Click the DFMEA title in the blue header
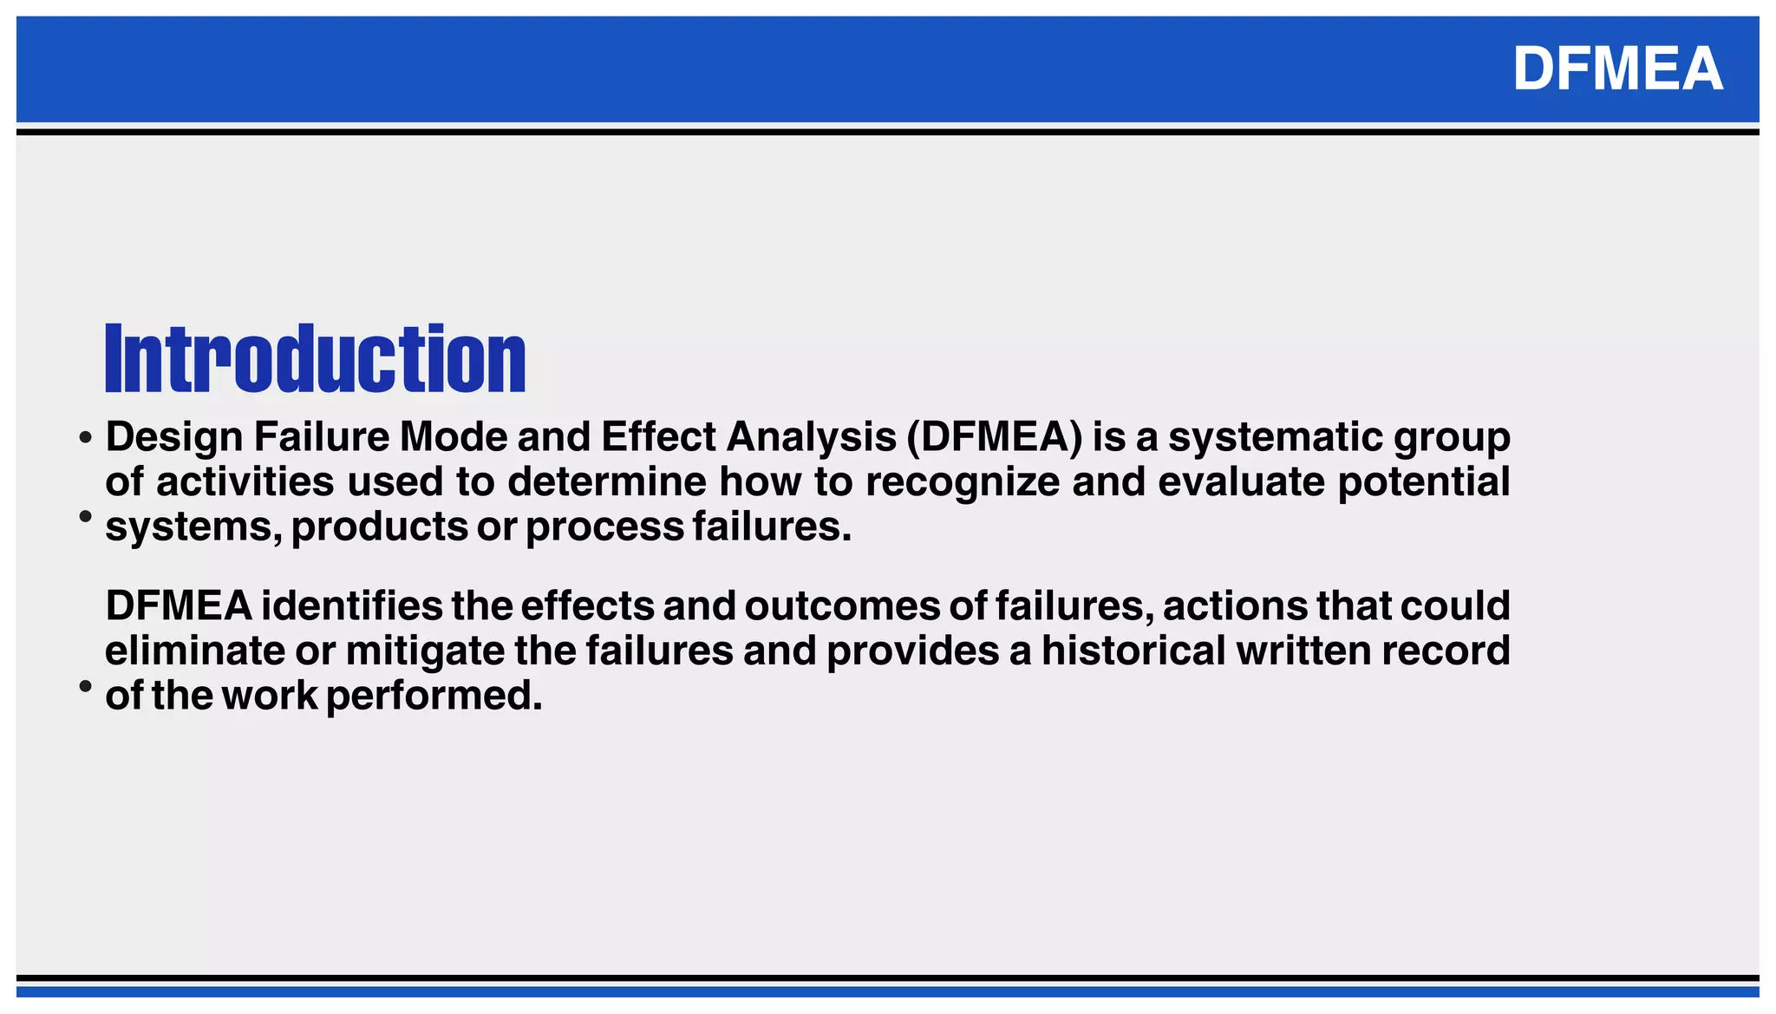pyautogui.click(x=1617, y=69)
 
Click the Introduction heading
pyautogui.click(x=316, y=358)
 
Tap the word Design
pyautogui.click(x=174, y=436)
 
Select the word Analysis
pyautogui.click(x=812, y=436)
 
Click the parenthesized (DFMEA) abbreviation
pyautogui.click(x=995, y=436)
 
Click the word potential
pyautogui.click(x=1424, y=481)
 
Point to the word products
pyautogui.click(x=379, y=527)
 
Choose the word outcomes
pyautogui.click(x=842, y=605)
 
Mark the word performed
pyautogui.click(x=434, y=696)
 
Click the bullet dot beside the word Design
pyautogui.click(x=85, y=438)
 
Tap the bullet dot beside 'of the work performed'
pyautogui.click(x=85, y=686)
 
